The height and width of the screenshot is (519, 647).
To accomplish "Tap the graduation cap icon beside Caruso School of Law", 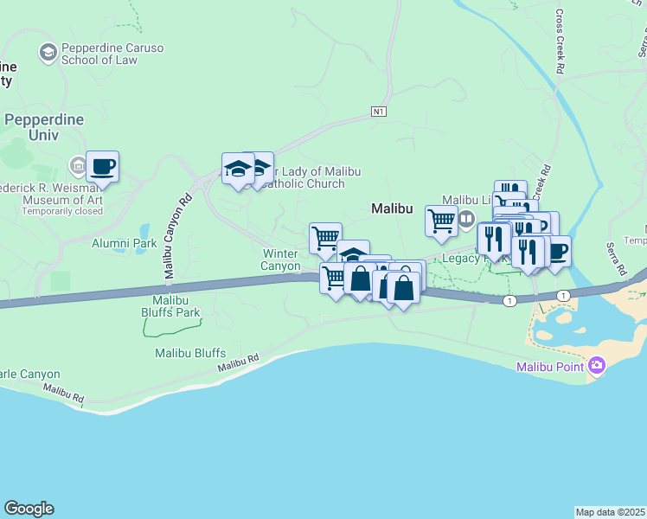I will coord(48,54).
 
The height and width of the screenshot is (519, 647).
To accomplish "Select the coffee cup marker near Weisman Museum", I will coord(102,167).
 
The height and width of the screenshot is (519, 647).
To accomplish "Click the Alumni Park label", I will coord(125,243).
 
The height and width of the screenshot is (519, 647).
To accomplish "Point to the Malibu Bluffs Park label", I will coord(171,312).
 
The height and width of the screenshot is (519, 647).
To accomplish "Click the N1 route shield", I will coord(378,112).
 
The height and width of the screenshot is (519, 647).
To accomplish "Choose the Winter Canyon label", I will coord(280,259).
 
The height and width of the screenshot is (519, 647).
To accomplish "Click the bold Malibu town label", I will coord(391,208).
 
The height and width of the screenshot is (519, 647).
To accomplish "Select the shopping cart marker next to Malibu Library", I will coord(441,221).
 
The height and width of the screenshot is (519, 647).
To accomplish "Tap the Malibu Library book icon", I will coord(468,217).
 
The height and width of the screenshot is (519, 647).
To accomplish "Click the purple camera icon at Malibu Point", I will coord(595,367).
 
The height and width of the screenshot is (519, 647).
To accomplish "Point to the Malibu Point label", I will coord(549,367).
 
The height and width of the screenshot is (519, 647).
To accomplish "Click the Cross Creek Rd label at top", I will coord(560,41).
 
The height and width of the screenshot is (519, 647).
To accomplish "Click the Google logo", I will coord(29,509).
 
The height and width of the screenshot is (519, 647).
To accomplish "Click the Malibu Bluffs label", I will coord(190,353).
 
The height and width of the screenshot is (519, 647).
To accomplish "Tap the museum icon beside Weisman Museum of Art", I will coord(78,165).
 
